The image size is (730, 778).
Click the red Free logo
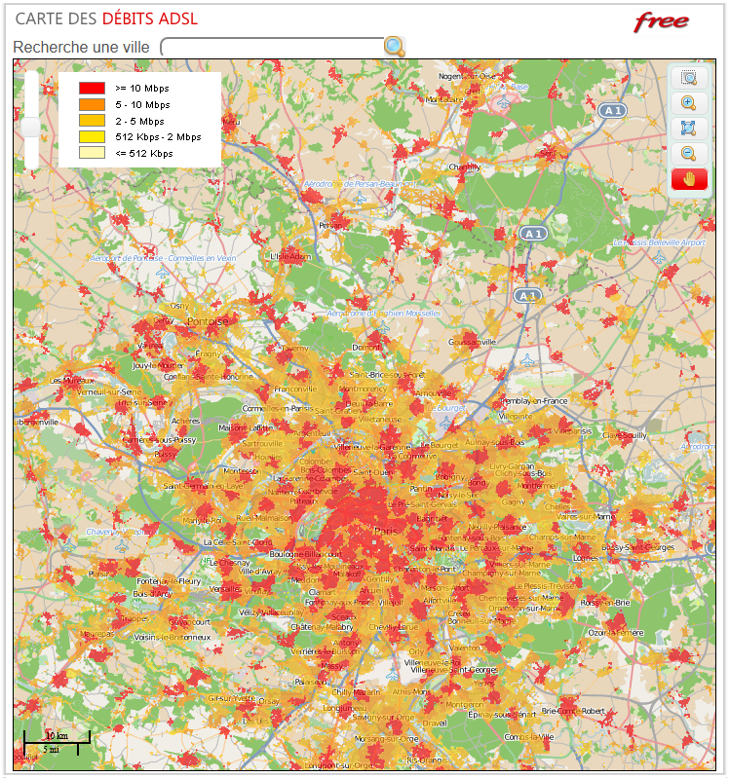[662, 21]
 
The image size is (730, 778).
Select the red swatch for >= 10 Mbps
[92, 88]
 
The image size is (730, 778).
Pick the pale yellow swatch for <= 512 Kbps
[92, 153]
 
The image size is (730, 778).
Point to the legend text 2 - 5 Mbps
[139, 121]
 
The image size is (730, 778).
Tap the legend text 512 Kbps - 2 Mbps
[158, 137]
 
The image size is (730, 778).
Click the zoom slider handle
[31, 128]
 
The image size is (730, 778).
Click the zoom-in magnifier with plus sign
[688, 102]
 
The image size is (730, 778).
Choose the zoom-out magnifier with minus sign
[688, 153]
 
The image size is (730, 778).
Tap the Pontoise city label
[207, 321]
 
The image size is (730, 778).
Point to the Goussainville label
[473, 342]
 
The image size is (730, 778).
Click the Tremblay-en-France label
[532, 401]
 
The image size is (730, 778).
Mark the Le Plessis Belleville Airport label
[659, 242]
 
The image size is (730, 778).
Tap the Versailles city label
[226, 589]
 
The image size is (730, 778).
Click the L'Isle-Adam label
[289, 257]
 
